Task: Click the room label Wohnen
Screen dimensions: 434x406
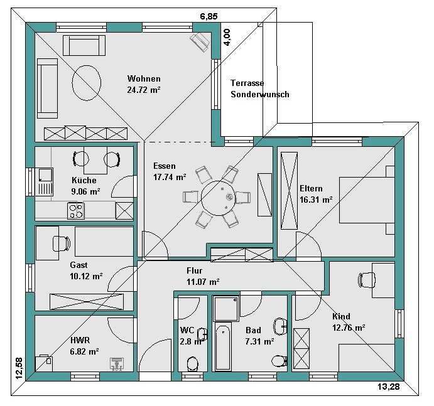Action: tap(144, 78)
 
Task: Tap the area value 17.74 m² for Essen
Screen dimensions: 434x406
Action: tap(170, 177)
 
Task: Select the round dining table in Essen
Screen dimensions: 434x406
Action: tap(219, 198)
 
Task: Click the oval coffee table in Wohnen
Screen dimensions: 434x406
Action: tap(86, 82)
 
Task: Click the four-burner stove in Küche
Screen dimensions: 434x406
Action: tap(76, 211)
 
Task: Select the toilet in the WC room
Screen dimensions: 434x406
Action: tap(193, 363)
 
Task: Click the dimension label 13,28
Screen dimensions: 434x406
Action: tap(389, 387)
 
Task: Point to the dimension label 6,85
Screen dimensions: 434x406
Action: tap(209, 16)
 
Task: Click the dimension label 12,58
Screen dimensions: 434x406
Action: tap(19, 368)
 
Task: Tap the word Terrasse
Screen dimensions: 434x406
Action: tap(247, 83)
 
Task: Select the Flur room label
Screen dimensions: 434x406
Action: tap(194, 270)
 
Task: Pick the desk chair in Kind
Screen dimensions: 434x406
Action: tap(367, 280)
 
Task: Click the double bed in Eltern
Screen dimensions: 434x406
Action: tap(367, 200)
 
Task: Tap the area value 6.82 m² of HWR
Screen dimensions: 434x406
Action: tap(84, 351)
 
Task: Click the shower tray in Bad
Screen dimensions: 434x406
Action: tap(226, 309)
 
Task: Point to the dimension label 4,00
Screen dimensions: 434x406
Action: tap(227, 37)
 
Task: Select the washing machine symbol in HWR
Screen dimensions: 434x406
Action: tap(117, 363)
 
